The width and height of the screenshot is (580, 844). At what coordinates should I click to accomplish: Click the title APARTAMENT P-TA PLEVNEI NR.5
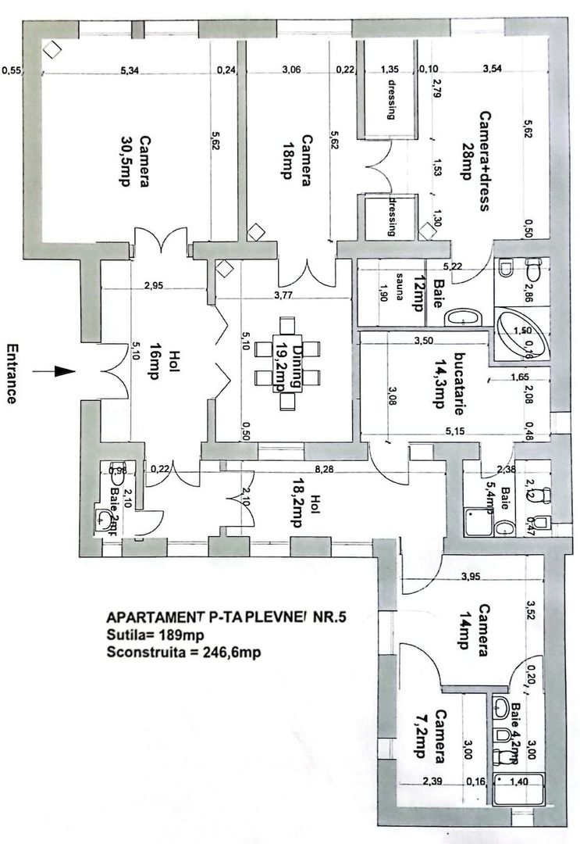coord(227,617)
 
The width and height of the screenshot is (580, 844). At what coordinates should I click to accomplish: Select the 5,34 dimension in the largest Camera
coord(133,71)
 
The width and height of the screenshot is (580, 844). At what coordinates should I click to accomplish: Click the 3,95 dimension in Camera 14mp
coord(470,578)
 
